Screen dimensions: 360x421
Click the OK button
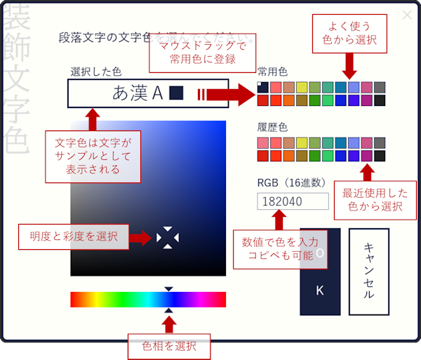(320, 271)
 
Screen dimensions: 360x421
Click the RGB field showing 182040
(293, 201)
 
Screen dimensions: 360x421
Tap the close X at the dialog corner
(407, 15)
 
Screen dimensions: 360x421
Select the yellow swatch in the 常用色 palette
(302, 87)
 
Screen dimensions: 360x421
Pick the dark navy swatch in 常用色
(262, 87)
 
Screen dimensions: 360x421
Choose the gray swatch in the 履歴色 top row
(380, 142)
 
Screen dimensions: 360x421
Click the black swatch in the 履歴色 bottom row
(380, 155)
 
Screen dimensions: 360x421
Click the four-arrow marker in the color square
(168, 238)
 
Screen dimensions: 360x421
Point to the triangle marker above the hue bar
(168, 288)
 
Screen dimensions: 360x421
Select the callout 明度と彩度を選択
(74, 236)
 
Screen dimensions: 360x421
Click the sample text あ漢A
(138, 93)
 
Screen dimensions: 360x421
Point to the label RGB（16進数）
(291, 182)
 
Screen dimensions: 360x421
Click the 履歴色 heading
(272, 128)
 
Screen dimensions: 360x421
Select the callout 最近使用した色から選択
(375, 199)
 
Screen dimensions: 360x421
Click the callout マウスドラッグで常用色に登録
(201, 53)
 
